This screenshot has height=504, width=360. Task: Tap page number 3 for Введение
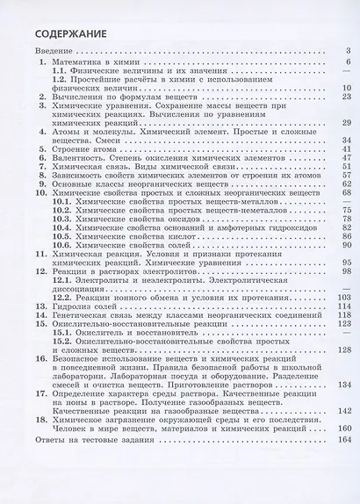[348, 52]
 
